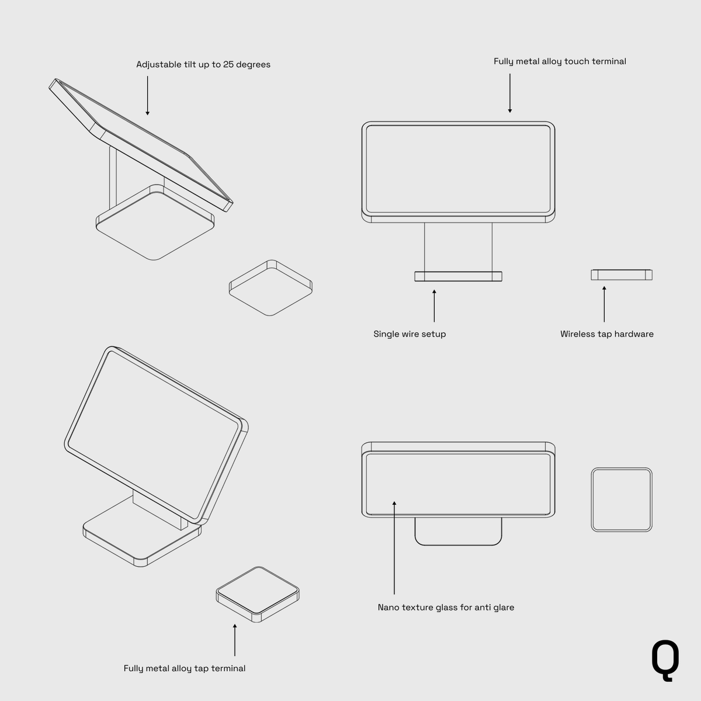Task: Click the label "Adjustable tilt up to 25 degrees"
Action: (x=203, y=64)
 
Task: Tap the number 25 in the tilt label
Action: (x=228, y=64)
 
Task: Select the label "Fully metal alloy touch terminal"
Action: (x=560, y=61)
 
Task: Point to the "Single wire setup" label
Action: (x=410, y=334)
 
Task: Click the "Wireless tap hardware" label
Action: (x=607, y=334)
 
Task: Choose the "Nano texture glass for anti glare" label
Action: (x=446, y=608)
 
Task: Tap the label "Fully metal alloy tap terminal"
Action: (x=185, y=668)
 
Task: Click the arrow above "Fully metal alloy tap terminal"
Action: (x=235, y=640)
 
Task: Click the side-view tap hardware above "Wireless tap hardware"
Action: (x=622, y=275)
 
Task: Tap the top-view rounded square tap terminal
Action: (x=622, y=499)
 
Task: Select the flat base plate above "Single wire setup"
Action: (x=458, y=276)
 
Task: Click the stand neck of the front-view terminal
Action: (x=458, y=247)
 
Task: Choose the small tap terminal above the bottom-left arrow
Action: (x=258, y=594)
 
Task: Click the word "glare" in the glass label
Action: (x=503, y=608)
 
